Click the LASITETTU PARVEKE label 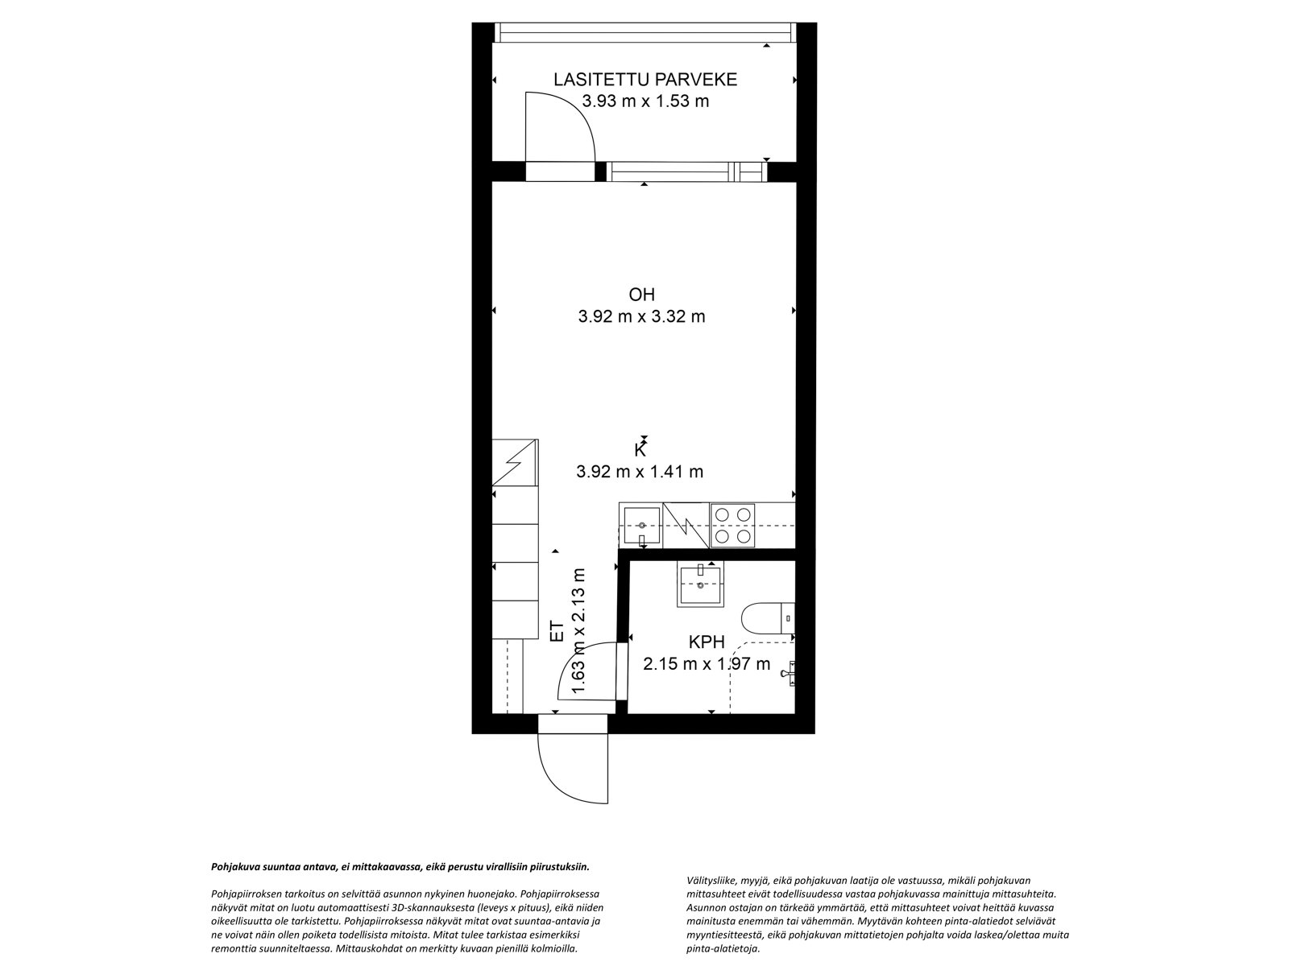click(x=644, y=79)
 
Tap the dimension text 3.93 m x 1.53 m click(x=644, y=101)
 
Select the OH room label click(x=641, y=295)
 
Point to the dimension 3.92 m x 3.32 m click(x=641, y=316)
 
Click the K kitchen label click(x=640, y=451)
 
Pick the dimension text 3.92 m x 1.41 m click(x=640, y=472)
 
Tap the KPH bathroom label click(x=707, y=642)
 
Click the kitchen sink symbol click(x=641, y=525)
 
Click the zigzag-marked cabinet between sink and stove click(x=685, y=525)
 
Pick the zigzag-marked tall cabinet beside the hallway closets click(x=515, y=463)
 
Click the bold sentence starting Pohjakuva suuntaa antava click(x=400, y=868)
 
